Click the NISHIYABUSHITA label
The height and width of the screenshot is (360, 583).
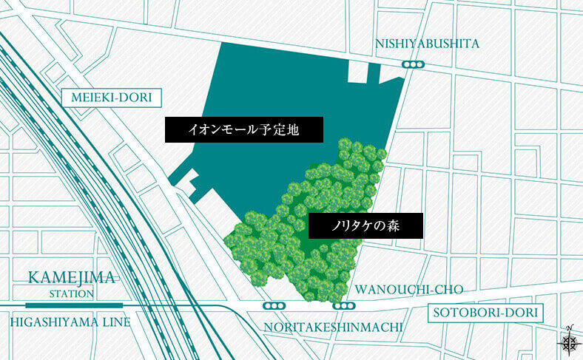[x=427, y=44]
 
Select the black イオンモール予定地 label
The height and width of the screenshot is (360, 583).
[x=243, y=130]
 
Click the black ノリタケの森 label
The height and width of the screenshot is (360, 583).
[x=365, y=225]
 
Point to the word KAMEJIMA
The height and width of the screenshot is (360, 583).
[x=71, y=279]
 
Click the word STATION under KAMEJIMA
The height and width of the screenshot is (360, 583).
[x=72, y=293]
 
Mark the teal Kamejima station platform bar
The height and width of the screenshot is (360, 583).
[x=74, y=305]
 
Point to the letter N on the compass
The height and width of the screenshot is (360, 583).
[x=570, y=327]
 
